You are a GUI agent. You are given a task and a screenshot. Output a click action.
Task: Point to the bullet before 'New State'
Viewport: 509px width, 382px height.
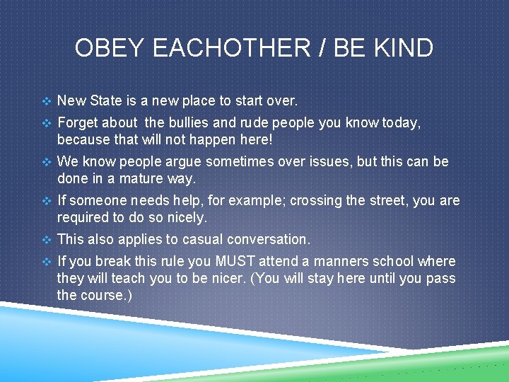(x=47, y=102)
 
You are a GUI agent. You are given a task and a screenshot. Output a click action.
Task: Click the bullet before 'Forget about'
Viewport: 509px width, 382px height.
(x=47, y=124)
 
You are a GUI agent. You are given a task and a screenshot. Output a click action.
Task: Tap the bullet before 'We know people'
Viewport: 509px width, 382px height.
(x=47, y=162)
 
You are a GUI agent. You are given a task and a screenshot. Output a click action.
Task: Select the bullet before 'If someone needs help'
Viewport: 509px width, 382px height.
(x=47, y=201)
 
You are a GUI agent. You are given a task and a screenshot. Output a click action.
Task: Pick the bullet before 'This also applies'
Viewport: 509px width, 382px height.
(x=47, y=240)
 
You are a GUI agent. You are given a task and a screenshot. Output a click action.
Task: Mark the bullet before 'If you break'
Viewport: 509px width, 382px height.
(x=47, y=262)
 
